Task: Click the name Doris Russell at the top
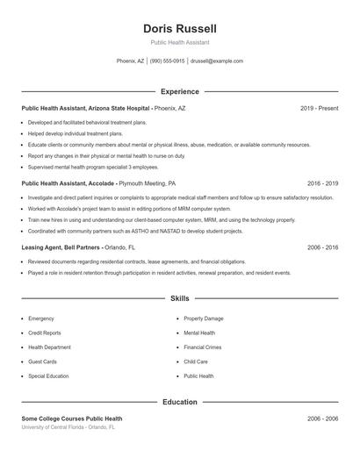pyautogui.click(x=179, y=28)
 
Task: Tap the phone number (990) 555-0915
pyautogui.click(x=167, y=61)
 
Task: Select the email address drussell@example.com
pyautogui.click(x=216, y=61)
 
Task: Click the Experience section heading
pyautogui.click(x=179, y=91)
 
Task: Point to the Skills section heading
pyautogui.click(x=179, y=299)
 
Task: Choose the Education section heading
pyautogui.click(x=179, y=402)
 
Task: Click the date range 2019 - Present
pyautogui.click(x=319, y=108)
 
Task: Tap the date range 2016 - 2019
pyautogui.click(x=322, y=184)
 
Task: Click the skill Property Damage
pyautogui.click(x=204, y=318)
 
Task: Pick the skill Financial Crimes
pyautogui.click(x=202, y=347)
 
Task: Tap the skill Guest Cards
pyautogui.click(x=42, y=361)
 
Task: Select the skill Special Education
pyautogui.click(x=48, y=376)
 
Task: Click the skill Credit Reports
pyautogui.click(x=45, y=333)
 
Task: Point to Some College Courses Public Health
pyautogui.click(x=72, y=419)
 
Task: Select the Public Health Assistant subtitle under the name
pyautogui.click(x=179, y=42)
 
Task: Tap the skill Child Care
pyautogui.click(x=196, y=361)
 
